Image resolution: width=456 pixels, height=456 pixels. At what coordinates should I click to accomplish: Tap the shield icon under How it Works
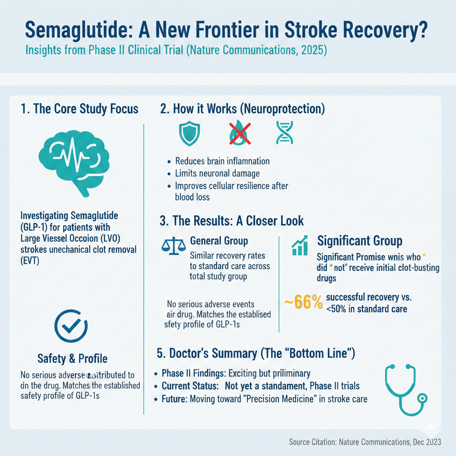point(187,133)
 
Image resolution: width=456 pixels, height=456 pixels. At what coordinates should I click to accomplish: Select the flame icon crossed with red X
point(239,133)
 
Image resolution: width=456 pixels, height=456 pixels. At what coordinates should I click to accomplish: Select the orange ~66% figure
point(303,302)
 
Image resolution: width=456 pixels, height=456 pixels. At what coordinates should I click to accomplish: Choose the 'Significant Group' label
point(360,241)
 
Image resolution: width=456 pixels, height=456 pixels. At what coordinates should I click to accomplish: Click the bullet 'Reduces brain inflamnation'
point(222,161)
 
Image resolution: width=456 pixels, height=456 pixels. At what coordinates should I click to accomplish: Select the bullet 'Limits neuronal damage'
point(218,173)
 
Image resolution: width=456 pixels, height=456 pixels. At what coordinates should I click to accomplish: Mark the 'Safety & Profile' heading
point(72,358)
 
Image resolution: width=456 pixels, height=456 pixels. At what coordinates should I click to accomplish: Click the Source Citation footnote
point(365,442)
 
